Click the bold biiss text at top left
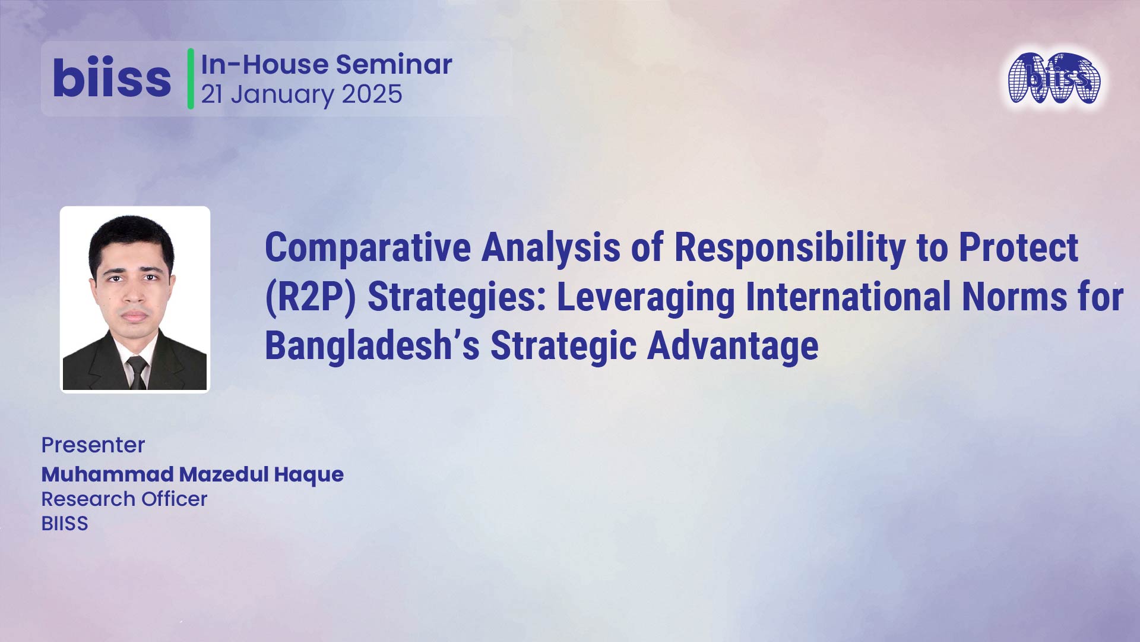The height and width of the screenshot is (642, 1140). [x=112, y=78]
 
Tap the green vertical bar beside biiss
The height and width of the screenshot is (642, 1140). [x=191, y=78]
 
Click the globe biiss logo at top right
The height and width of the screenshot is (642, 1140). [x=1054, y=78]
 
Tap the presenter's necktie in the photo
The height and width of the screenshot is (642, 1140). [x=137, y=373]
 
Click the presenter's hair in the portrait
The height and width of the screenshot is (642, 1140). [x=131, y=238]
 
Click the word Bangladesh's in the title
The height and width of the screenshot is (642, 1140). [x=372, y=345]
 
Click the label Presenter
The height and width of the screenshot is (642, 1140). [x=93, y=445]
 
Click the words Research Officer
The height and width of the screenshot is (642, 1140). [x=124, y=499]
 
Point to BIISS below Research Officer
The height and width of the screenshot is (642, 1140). [x=65, y=523]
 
